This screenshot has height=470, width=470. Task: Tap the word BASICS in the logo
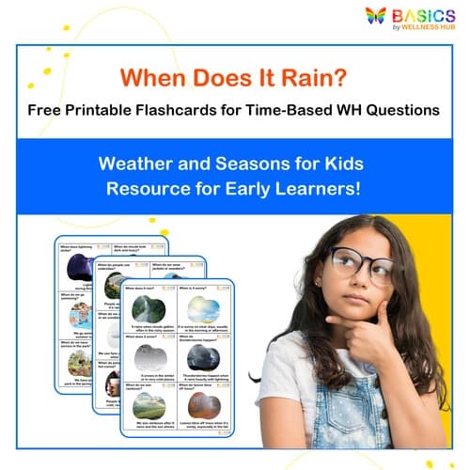coord(414,14)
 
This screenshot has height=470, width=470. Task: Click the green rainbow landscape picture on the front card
coord(149,405)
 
